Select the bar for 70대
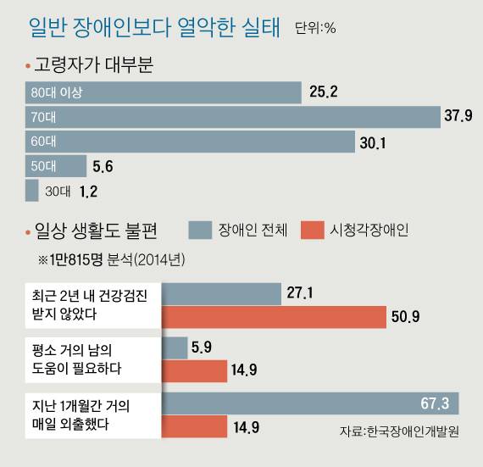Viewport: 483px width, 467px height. coord(233,116)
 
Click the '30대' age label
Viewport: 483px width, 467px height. coord(57,192)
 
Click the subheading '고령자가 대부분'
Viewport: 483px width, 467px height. coord(93,64)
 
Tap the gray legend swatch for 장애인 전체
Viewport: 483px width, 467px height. coord(198,229)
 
